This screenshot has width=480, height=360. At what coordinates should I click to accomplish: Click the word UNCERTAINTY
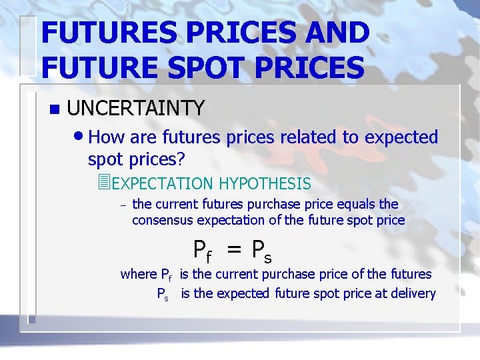click(135, 107)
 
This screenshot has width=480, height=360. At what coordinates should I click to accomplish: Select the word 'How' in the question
click(105, 137)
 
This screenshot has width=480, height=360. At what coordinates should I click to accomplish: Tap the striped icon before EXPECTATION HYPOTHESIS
click(102, 182)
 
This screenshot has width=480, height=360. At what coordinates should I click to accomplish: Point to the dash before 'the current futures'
click(121, 205)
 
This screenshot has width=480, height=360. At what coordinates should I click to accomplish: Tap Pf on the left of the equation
click(203, 251)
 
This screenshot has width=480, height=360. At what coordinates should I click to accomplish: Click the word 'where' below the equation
click(138, 274)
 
